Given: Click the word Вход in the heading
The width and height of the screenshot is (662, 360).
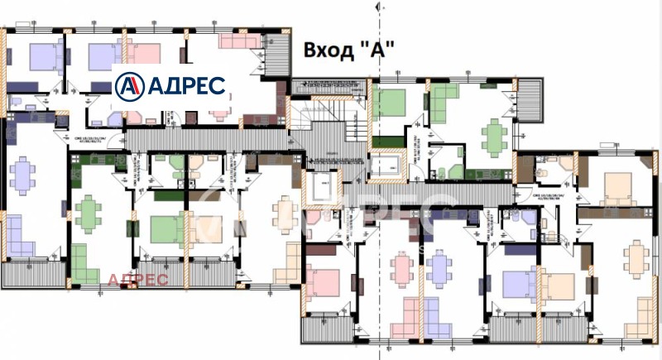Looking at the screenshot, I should coord(329,49).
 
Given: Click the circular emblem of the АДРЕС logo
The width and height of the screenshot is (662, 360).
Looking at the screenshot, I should coord(129,85).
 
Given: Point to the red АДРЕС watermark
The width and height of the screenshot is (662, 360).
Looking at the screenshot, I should coord(137,280).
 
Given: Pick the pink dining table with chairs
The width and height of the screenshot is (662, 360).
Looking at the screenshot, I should coord(403,267).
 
